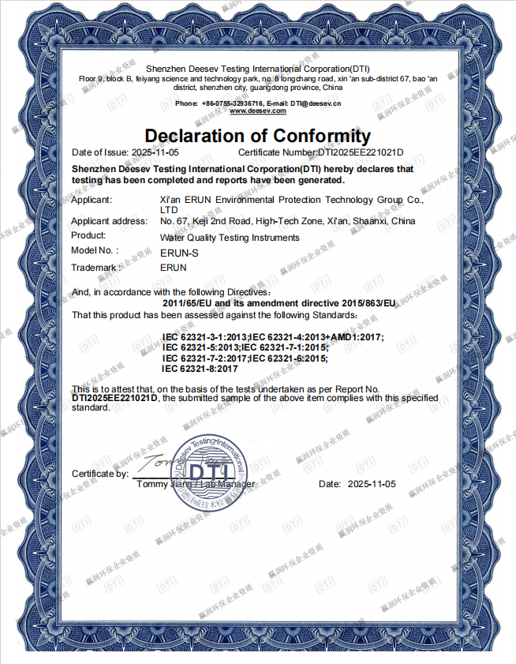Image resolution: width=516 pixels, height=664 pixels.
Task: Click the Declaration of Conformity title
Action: pyautogui.click(x=257, y=135)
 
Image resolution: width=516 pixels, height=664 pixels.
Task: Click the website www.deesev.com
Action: pyautogui.click(x=257, y=111)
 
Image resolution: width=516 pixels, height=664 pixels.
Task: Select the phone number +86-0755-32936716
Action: pyautogui.click(x=233, y=103)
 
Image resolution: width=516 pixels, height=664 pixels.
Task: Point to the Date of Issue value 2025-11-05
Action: pyautogui.click(x=155, y=152)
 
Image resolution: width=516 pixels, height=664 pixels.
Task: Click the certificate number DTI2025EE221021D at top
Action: pyautogui.click(x=361, y=152)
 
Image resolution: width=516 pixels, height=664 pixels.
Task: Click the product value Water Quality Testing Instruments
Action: pyautogui.click(x=229, y=238)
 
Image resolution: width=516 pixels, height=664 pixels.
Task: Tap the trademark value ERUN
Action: pyautogui.click(x=172, y=268)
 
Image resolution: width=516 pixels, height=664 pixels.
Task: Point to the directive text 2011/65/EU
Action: pyautogui.click(x=189, y=303)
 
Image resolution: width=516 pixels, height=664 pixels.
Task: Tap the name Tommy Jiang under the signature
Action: pyautogui.click(x=164, y=483)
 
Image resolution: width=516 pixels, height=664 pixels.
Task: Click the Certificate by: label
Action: pyautogui.click(x=100, y=474)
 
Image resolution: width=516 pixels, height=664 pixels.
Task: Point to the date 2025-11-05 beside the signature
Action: pyautogui.click(x=372, y=483)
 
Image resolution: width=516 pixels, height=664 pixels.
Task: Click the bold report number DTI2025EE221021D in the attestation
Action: pyautogui.click(x=115, y=399)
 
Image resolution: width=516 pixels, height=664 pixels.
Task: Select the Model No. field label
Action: pyautogui.click(x=94, y=250)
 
